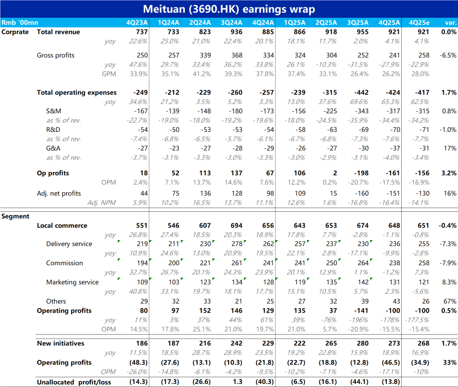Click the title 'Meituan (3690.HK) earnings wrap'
pyautogui.click(x=229, y=9)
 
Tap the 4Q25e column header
pyautogui.click(x=419, y=22)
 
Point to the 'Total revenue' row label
pyautogui.click(x=58, y=32)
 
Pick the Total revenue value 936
pyautogui.click(x=237, y=32)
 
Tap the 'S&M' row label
pyautogui.click(x=54, y=111)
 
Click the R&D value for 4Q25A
pyautogui.click(x=393, y=129)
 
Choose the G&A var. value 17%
pyautogui.click(x=450, y=148)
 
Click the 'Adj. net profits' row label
pyautogui.click(x=59, y=193)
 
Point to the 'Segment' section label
pyautogui.click(x=15, y=216)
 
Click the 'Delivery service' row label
pyautogui.click(x=69, y=244)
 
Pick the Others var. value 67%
pyautogui.click(x=450, y=301)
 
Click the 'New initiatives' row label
pyautogui.click(x=61, y=343)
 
